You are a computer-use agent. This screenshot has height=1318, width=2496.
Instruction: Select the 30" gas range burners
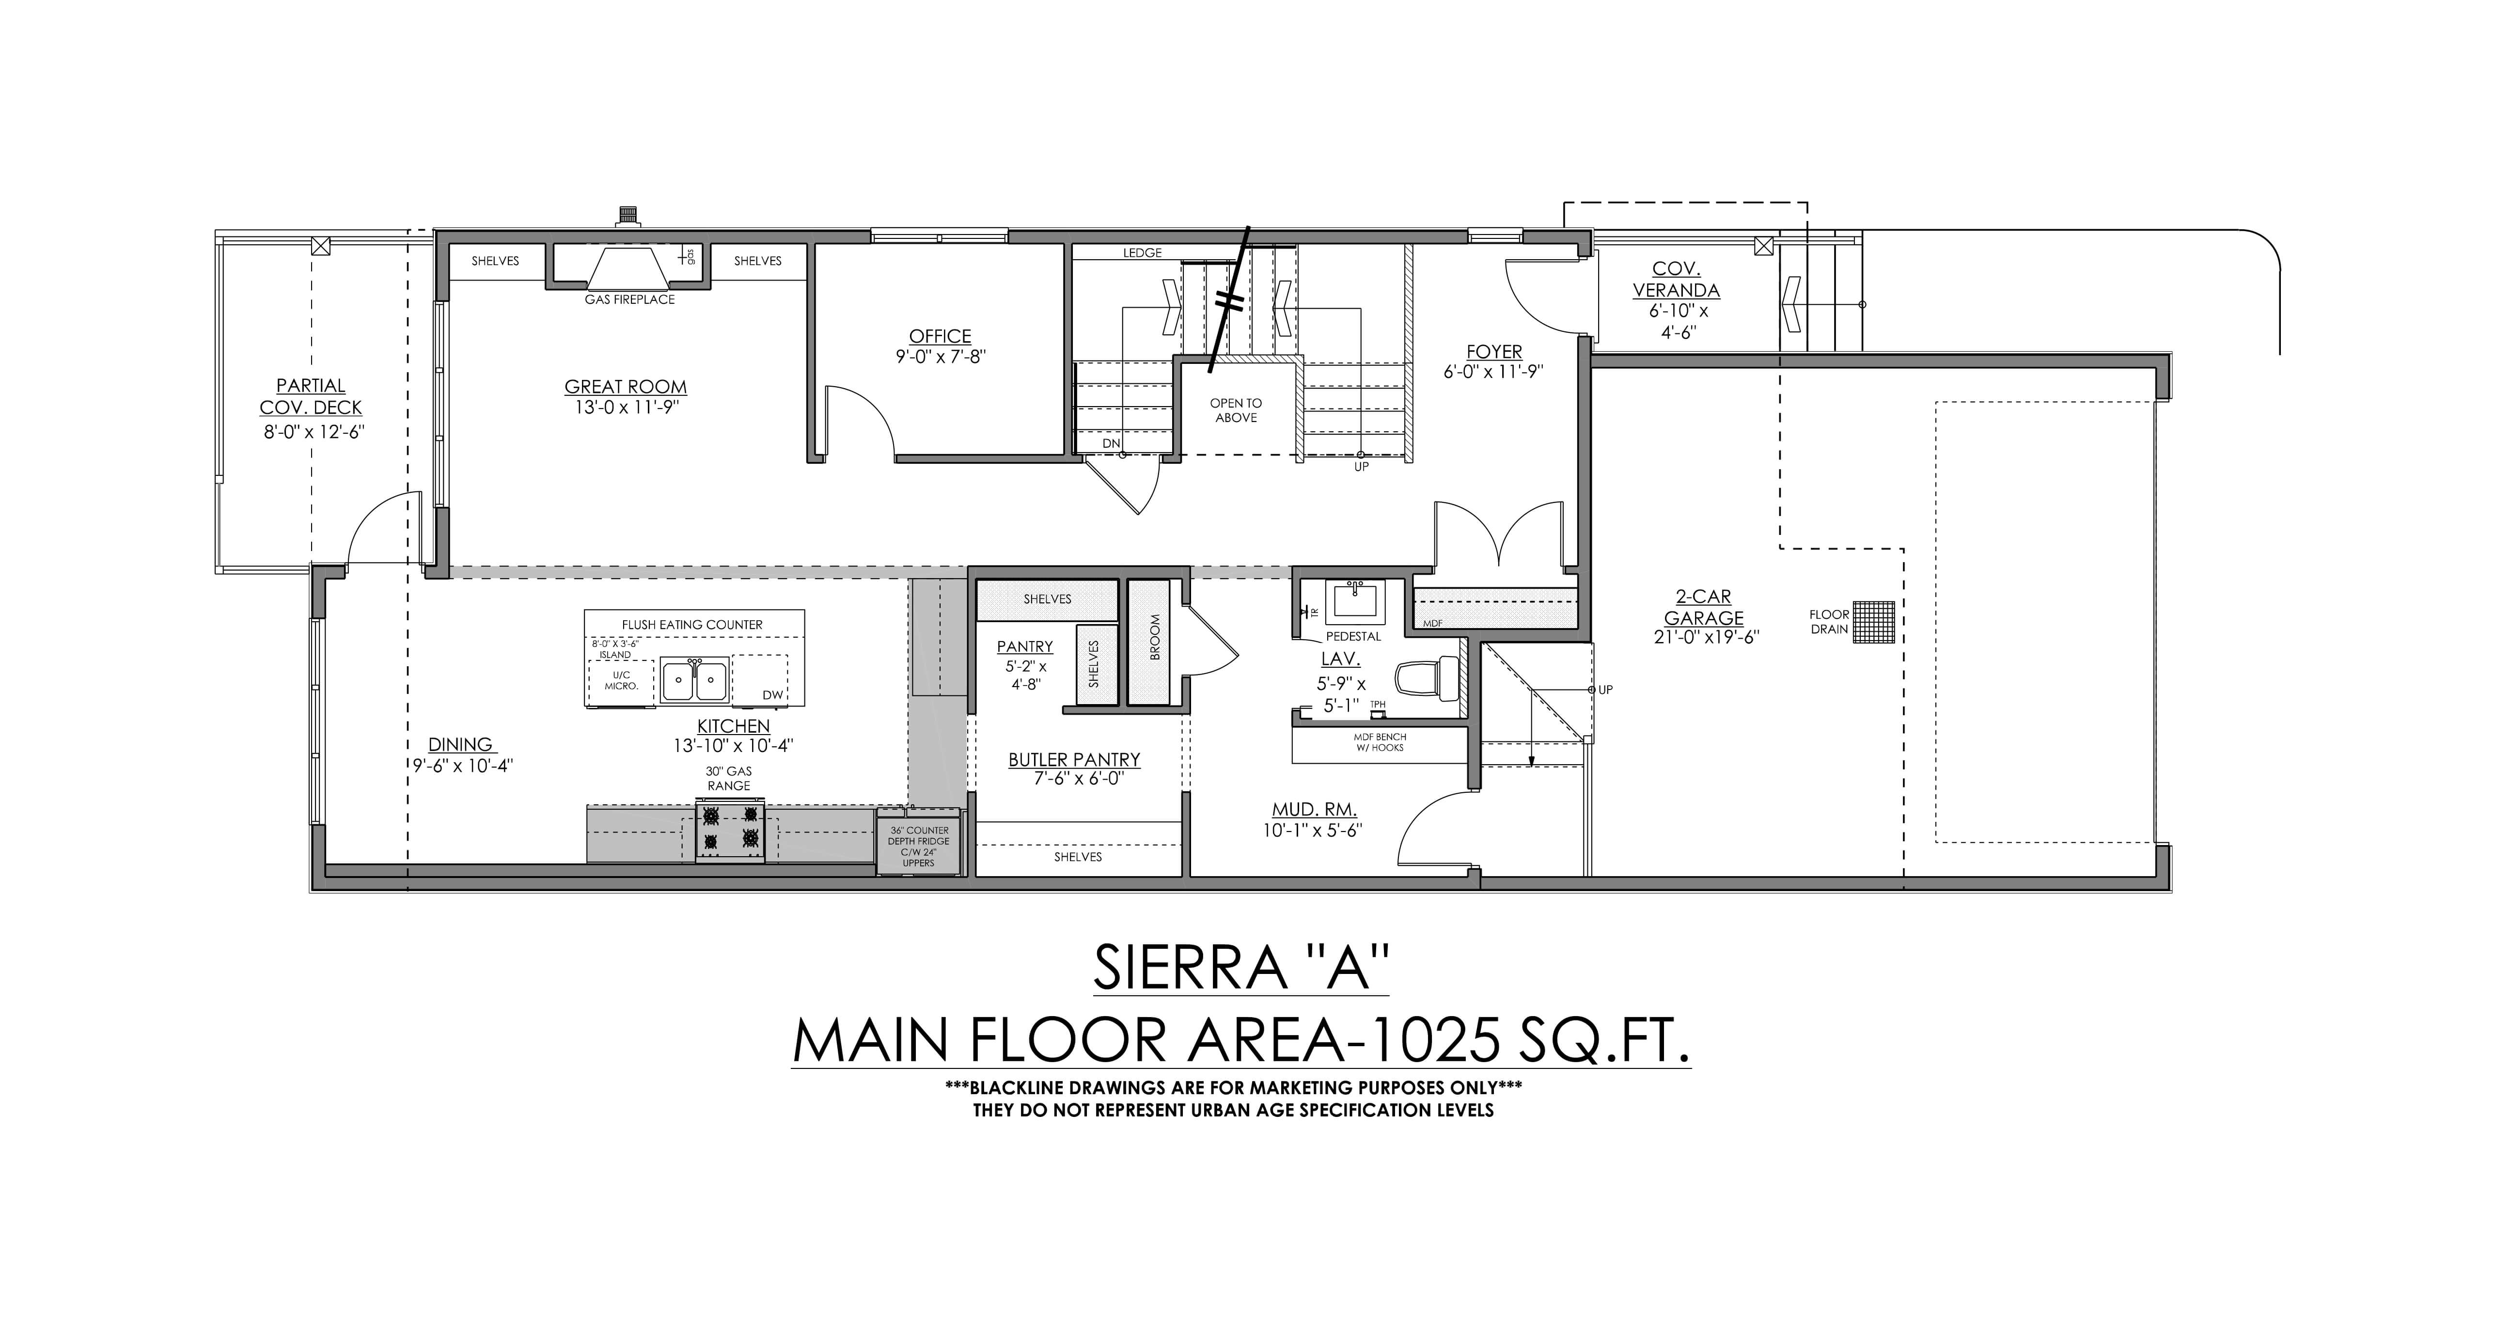(730, 831)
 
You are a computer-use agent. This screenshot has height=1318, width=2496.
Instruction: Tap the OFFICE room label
(940, 336)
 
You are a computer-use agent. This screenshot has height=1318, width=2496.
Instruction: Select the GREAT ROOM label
(626, 387)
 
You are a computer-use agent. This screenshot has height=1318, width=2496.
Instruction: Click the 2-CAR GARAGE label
(1703, 608)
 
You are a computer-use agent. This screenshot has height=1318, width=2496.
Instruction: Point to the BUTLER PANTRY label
(1074, 760)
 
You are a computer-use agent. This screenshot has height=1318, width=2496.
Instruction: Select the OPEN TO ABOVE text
(1236, 410)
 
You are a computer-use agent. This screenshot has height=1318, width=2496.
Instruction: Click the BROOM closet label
(1154, 638)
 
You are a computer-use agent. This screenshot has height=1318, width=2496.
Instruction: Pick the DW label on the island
(772, 695)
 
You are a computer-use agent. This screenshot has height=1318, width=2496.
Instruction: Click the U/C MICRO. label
(621, 680)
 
